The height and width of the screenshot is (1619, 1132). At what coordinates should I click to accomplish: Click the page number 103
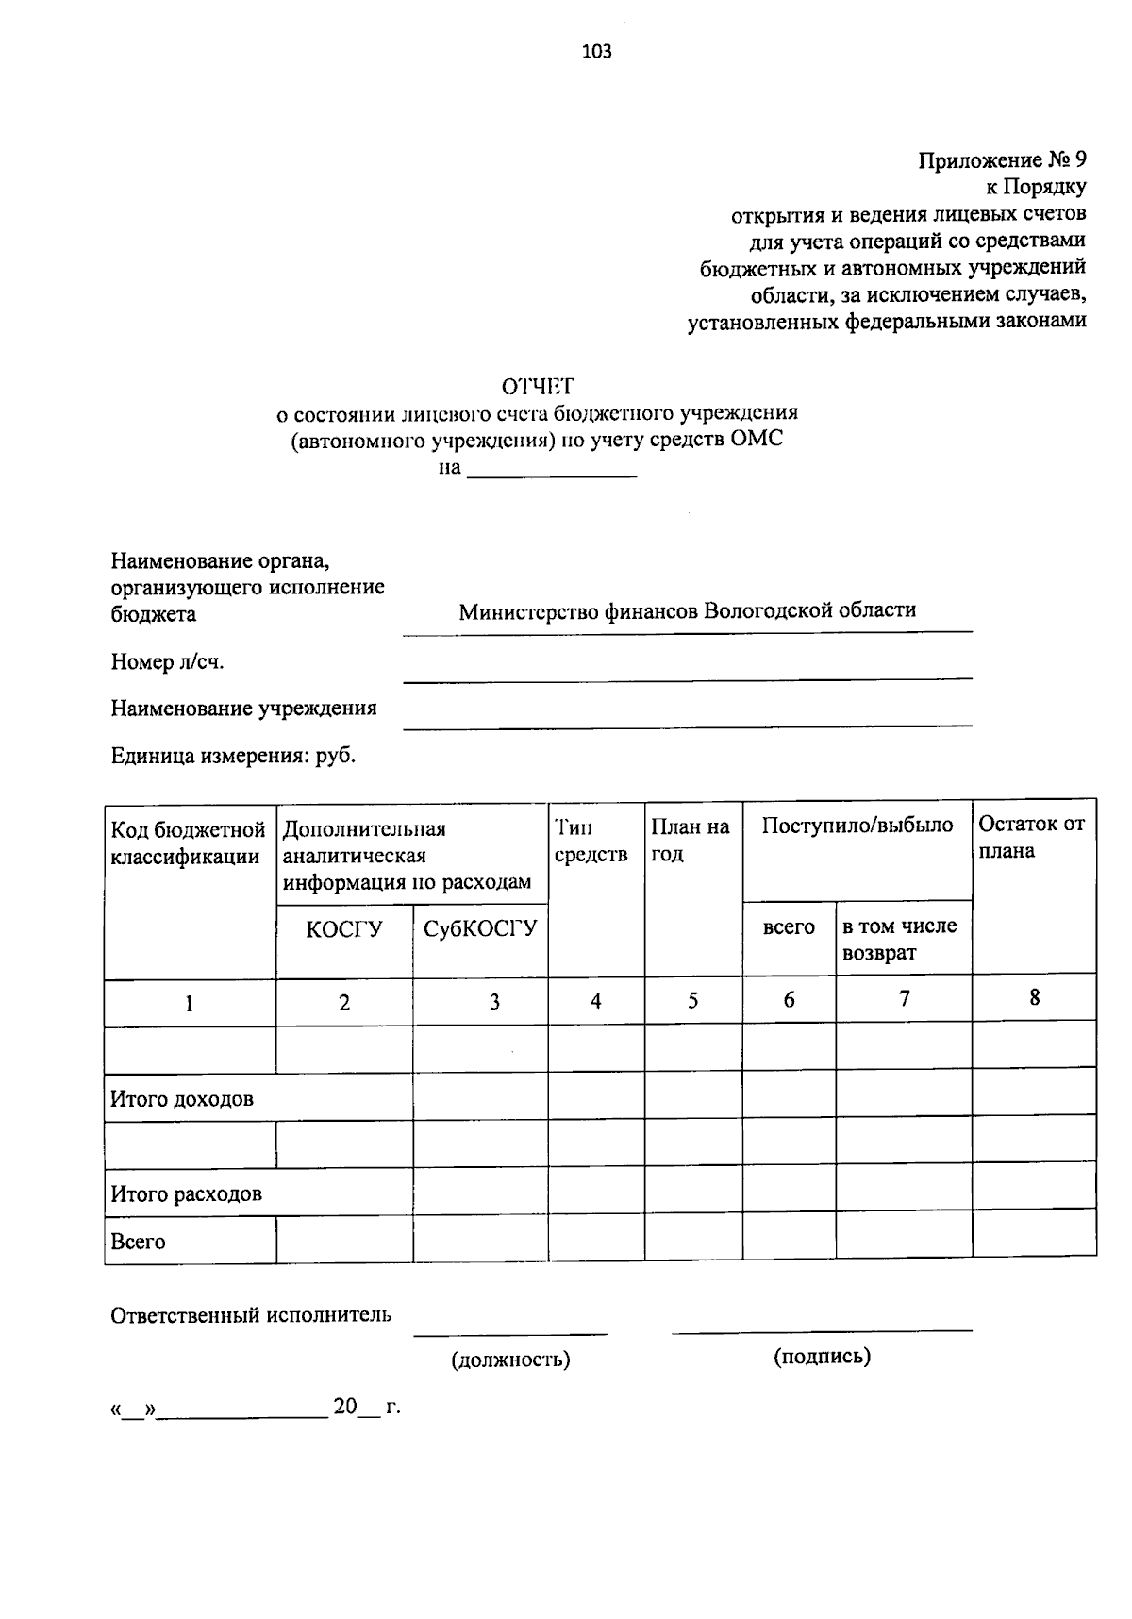[596, 52]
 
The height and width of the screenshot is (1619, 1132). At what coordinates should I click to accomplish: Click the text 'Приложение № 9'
[1003, 159]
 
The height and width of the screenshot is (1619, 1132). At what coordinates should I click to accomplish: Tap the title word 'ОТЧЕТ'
[537, 386]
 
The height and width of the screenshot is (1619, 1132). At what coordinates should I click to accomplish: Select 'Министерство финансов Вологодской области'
[687, 610]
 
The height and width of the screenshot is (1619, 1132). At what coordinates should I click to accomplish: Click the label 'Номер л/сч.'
[167, 662]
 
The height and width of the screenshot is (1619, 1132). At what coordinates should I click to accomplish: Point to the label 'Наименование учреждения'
[243, 709]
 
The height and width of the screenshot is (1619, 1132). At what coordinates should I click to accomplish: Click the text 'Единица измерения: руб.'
[233, 756]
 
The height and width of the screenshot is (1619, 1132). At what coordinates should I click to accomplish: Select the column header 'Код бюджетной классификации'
[188, 843]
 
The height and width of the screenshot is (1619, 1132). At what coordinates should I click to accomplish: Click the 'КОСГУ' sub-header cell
[343, 929]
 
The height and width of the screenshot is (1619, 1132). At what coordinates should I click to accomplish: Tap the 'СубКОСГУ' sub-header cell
[480, 928]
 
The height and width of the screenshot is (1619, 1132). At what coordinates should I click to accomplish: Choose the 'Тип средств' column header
[591, 841]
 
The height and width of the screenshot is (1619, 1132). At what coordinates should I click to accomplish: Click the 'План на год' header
[691, 841]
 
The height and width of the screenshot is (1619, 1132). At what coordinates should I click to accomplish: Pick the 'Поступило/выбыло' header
[857, 826]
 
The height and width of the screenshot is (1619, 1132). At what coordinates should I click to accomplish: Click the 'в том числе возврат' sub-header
[899, 940]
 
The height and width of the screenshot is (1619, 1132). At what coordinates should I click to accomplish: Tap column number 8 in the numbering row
[1034, 998]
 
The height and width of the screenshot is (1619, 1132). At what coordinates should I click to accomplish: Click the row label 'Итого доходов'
[182, 1099]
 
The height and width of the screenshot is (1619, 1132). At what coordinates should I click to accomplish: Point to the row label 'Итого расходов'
[186, 1194]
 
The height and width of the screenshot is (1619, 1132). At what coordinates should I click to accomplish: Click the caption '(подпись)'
[822, 1357]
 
